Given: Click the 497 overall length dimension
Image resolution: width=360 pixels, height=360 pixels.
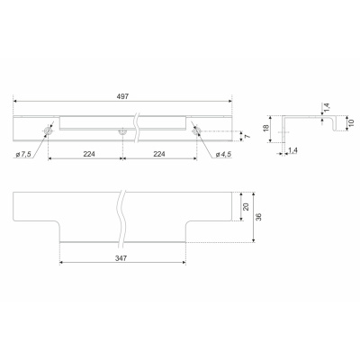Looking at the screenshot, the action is tap(123, 96).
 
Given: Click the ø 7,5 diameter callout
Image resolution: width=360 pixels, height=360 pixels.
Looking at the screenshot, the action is tap(23, 155).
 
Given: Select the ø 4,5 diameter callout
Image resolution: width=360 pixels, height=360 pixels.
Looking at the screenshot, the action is tap(223, 155).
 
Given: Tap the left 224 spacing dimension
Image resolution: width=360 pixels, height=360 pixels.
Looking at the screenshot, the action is tap(89, 154).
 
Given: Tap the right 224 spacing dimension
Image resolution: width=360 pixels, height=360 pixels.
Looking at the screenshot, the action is tap(159, 154).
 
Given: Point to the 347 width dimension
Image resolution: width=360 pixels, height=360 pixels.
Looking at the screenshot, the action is tap(121, 258).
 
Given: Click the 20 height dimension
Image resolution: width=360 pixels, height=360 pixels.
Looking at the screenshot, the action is tap(247, 207).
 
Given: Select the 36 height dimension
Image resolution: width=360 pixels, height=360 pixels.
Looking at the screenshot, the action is tap(259, 217).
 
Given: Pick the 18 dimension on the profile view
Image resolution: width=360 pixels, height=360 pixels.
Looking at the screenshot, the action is tap(265, 129).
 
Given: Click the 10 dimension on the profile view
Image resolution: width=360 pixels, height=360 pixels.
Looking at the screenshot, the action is tap(352, 122).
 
